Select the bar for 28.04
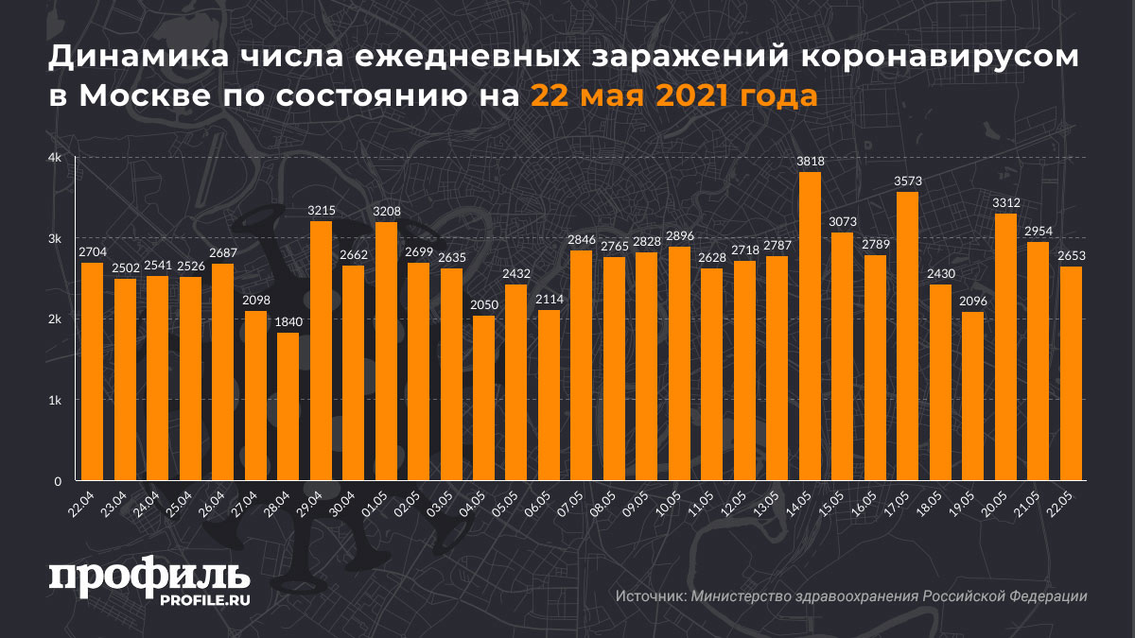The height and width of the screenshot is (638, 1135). pos(288,406)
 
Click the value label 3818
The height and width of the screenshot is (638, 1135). pos(810,162)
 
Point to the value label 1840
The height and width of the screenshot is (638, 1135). pos(288,321)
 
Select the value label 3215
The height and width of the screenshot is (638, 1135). pos(321,210)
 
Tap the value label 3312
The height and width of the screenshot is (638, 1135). pos(1005,202)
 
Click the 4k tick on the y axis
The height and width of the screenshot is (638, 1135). pos(56,158)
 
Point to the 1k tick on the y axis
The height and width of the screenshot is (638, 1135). pos(56,400)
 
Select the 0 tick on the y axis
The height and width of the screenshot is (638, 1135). pos(58,481)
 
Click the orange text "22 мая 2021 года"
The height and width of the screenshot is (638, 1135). pos(673,96)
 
